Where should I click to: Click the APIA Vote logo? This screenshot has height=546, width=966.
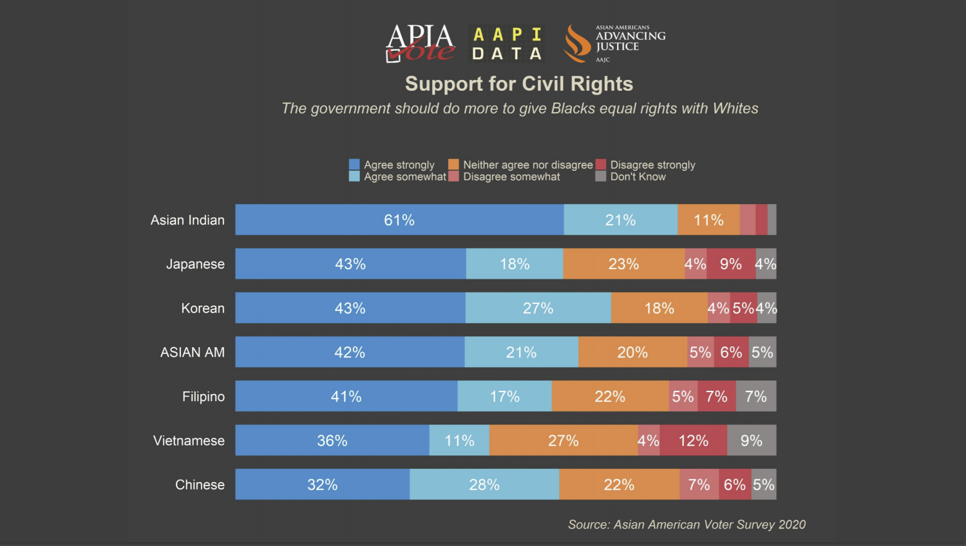pyautogui.click(x=420, y=43)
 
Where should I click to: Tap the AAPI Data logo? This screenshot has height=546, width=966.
pyautogui.click(x=507, y=44)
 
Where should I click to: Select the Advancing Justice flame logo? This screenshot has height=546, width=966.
pyautogui.click(x=577, y=44)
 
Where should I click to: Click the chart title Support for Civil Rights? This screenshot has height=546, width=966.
pyautogui.click(x=518, y=84)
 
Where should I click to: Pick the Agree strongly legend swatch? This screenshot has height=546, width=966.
pyautogui.click(x=354, y=165)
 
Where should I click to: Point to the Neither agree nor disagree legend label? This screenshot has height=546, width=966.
pyautogui.click(x=527, y=165)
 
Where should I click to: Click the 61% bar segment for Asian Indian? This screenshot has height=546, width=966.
pyautogui.click(x=399, y=220)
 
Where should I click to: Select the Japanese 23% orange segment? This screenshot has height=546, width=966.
pyautogui.click(x=623, y=264)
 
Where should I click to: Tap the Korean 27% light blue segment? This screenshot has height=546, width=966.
pyautogui.click(x=538, y=308)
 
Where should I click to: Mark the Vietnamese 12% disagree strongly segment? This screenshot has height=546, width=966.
pyautogui.click(x=694, y=440)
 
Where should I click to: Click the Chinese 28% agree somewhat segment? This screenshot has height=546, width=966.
pyautogui.click(x=484, y=485)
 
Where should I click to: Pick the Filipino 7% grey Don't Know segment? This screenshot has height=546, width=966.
pyautogui.click(x=755, y=397)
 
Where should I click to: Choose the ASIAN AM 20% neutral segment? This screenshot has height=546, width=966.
pyautogui.click(x=632, y=352)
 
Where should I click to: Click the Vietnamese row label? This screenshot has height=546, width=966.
pyautogui.click(x=189, y=440)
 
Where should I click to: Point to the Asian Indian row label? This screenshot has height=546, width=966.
pyautogui.click(x=187, y=220)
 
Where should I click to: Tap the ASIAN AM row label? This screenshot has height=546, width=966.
pyautogui.click(x=193, y=352)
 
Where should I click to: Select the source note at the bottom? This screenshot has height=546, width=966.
pyautogui.click(x=687, y=525)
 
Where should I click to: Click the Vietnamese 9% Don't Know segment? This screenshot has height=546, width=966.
pyautogui.click(x=752, y=440)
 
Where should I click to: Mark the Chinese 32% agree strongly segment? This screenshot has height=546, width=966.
pyautogui.click(x=322, y=485)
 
